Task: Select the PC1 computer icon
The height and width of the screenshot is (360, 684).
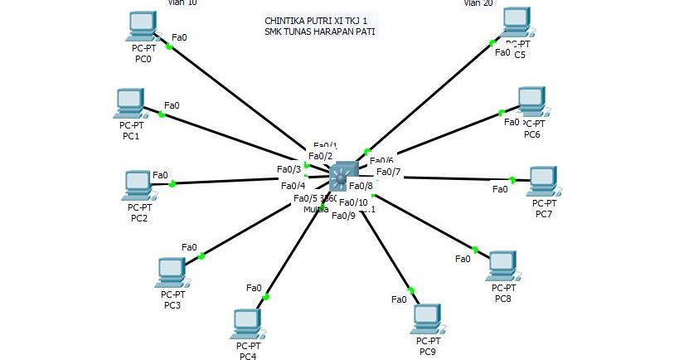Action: coord(129,103)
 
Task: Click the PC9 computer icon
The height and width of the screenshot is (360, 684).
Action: coord(427,318)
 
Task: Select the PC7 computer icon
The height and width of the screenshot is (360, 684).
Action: coord(542,180)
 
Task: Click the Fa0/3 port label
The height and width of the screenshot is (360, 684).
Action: coord(289,170)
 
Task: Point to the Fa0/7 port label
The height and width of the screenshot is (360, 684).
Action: coord(388,173)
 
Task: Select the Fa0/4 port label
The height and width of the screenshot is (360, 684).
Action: coord(293,186)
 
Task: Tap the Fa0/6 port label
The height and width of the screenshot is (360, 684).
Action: coord(381,161)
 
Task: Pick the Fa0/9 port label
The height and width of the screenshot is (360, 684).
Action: coord(343,216)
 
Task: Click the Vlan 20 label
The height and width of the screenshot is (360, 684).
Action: coord(478,3)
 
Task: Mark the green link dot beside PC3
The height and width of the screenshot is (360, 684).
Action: coord(201,256)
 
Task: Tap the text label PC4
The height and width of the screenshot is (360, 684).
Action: coord(247,357)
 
